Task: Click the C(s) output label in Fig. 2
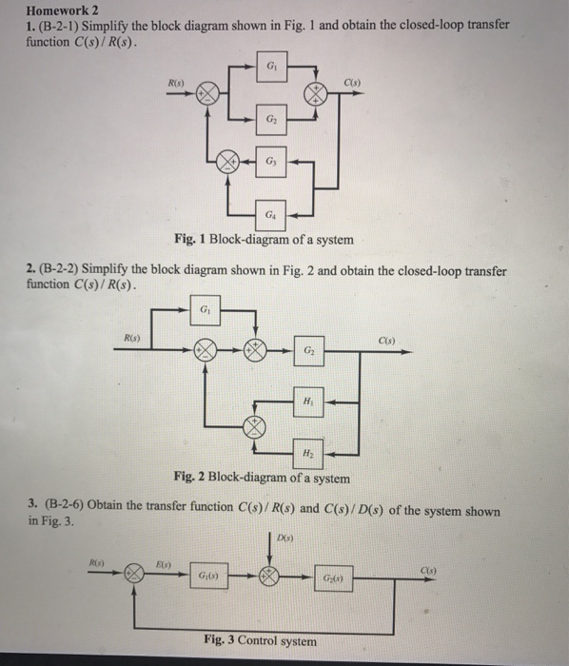pyautogui.click(x=388, y=339)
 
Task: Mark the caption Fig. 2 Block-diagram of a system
pyautogui.click(x=263, y=478)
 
